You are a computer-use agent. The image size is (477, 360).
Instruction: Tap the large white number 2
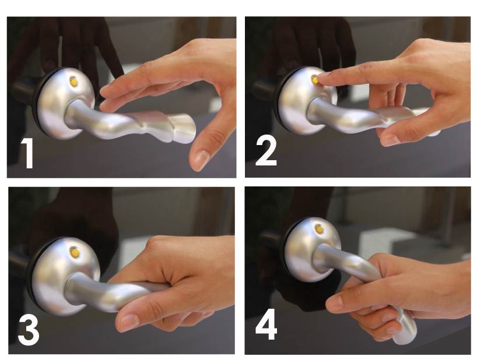[266, 151]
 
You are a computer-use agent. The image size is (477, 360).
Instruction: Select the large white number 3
[29, 330]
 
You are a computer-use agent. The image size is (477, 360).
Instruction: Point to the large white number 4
[266, 324]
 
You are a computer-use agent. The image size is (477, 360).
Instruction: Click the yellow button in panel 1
[73, 82]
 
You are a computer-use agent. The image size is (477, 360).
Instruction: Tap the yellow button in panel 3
[75, 252]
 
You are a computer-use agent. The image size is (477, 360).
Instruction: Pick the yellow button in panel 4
[319, 230]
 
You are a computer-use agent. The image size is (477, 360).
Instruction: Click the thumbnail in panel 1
[201, 158]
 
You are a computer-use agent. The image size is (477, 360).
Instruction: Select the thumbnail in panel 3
[129, 322]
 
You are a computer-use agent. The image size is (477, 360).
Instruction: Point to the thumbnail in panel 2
[390, 139]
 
